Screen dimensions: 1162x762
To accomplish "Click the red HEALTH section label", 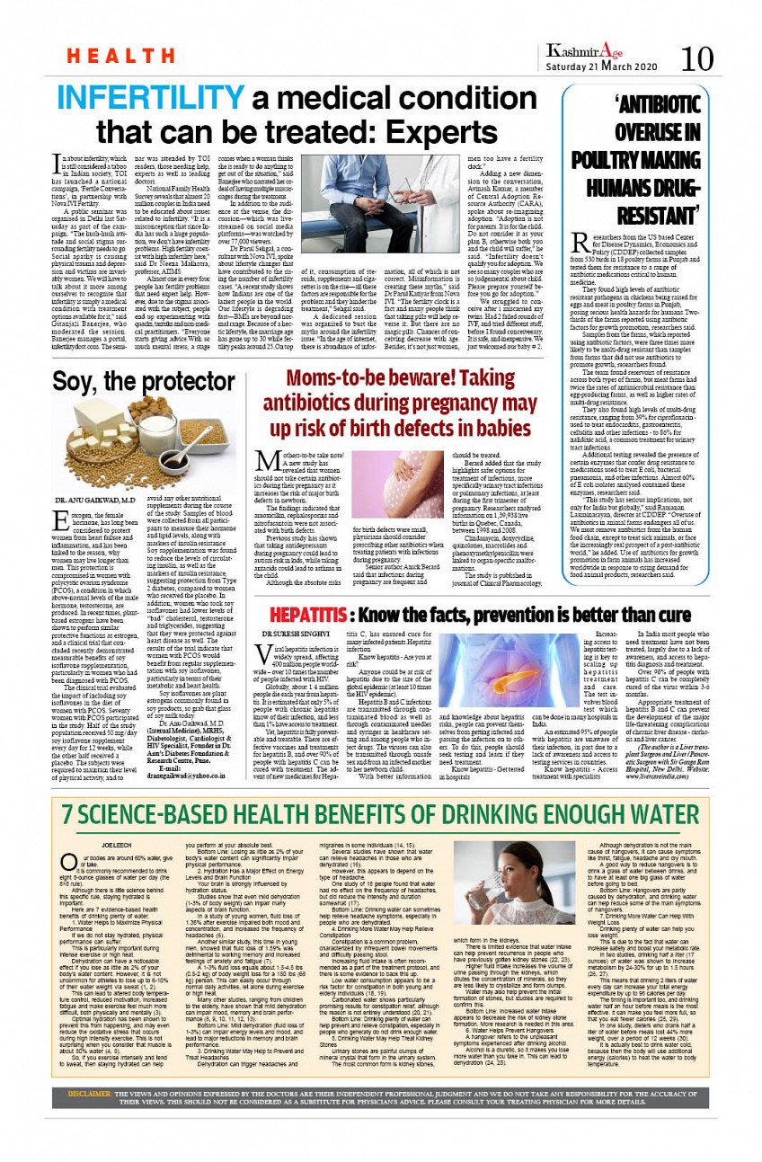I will point(109,57).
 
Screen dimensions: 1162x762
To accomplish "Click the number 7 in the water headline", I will point(69,814).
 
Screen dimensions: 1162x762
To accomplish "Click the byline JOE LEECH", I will point(117,846).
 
